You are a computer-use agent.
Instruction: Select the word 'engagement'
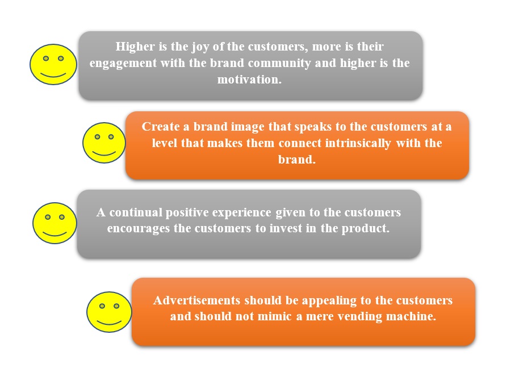tap(123, 64)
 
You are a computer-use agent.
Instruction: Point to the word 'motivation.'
tap(249, 80)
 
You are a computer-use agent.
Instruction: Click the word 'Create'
tap(160, 127)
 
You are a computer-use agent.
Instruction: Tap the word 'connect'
tap(300, 143)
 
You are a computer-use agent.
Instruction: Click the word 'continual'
tap(136, 212)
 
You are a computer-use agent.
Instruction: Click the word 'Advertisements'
tap(196, 300)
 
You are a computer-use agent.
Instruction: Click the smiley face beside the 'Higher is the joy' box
tap(53, 65)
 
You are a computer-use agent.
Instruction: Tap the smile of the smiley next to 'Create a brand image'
tap(104, 153)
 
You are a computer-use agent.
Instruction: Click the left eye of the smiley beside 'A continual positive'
tap(48, 217)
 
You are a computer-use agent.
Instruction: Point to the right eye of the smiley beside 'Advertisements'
tap(116, 306)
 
